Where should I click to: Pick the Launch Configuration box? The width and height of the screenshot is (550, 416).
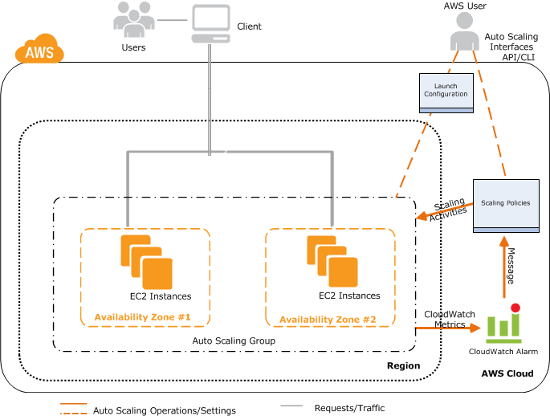point(446,90)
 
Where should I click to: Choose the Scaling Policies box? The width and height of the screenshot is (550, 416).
point(505,203)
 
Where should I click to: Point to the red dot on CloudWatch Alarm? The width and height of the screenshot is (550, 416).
point(515,308)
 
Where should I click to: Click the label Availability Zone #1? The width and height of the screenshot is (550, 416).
point(143,317)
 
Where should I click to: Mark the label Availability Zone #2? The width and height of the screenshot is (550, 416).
point(328,320)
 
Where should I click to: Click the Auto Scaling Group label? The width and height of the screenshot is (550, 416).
point(234,341)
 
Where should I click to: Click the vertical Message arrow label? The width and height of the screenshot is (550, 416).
point(510,266)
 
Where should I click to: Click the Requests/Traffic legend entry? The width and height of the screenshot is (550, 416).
point(349,408)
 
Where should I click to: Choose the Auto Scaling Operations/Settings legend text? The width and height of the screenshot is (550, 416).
point(165,410)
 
